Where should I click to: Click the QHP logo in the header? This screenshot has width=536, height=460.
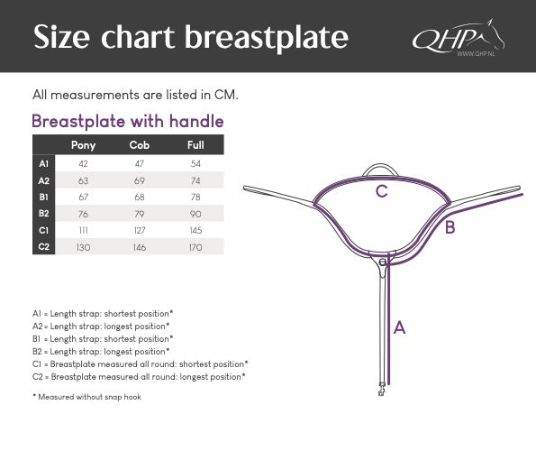click(x=457, y=39)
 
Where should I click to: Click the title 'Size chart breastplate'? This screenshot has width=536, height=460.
click(x=190, y=37)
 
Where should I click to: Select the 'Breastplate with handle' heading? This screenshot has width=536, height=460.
click(x=127, y=121)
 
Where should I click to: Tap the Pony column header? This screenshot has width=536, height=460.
click(x=83, y=145)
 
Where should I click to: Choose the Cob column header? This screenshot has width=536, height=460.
click(x=139, y=145)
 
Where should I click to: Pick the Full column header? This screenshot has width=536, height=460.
click(x=195, y=145)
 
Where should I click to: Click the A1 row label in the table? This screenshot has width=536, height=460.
click(x=44, y=163)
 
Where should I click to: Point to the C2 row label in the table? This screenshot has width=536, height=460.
click(x=44, y=247)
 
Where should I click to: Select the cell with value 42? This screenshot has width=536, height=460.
click(x=83, y=163)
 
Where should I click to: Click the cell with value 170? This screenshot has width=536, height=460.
click(x=195, y=247)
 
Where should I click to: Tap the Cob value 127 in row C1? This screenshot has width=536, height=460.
click(x=139, y=231)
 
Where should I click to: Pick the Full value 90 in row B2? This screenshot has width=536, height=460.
click(x=195, y=214)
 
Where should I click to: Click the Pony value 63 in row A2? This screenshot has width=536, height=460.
click(x=83, y=180)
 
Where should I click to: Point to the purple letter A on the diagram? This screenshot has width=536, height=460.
click(x=399, y=328)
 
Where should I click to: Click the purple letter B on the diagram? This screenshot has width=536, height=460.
click(x=450, y=227)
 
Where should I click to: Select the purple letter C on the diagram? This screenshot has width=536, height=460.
click(x=382, y=191)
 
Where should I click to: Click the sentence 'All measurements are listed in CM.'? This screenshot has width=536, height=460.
click(x=135, y=94)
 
